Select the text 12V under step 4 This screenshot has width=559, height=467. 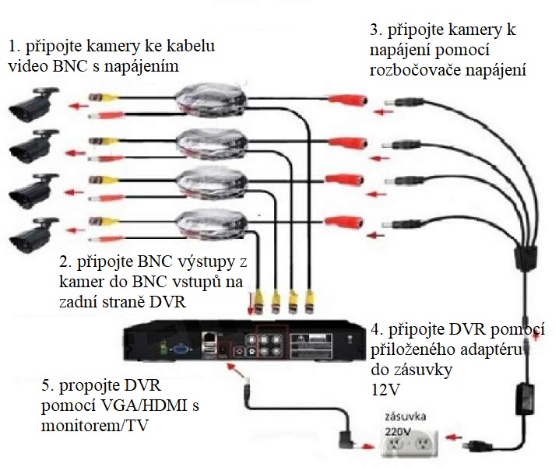[x=379, y=385]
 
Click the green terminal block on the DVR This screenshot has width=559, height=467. [x=162, y=347]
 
